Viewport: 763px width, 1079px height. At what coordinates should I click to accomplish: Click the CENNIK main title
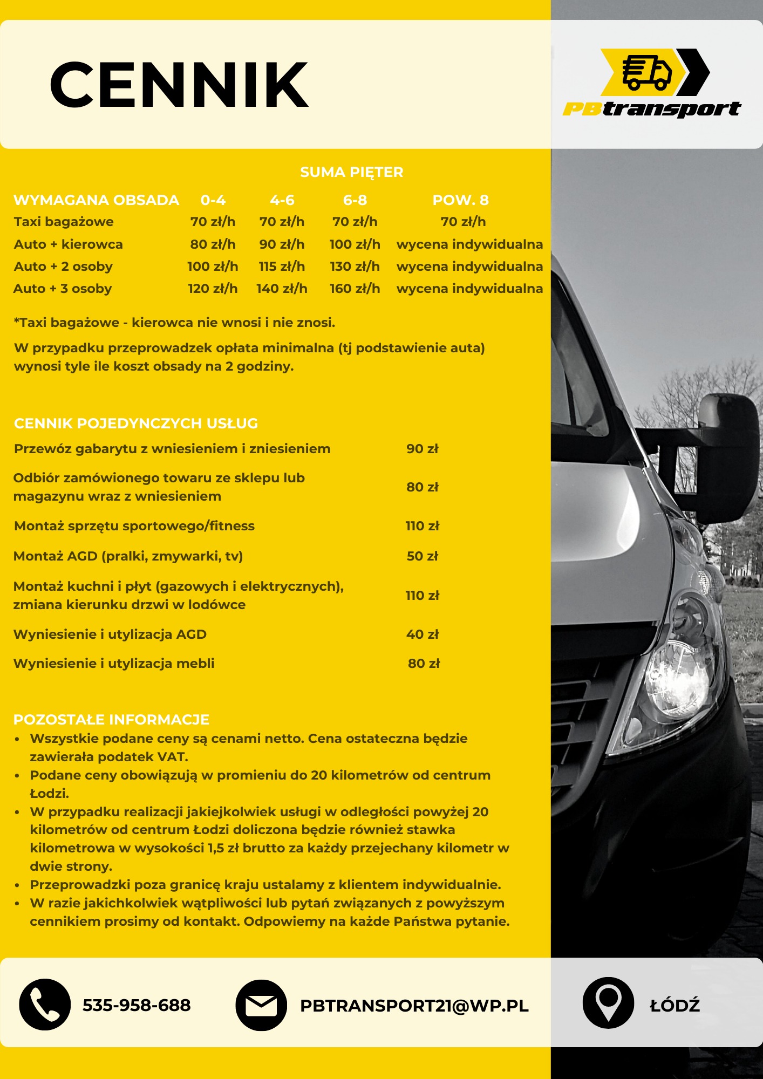[x=179, y=85]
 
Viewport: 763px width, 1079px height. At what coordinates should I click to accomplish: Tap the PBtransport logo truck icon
[x=647, y=72]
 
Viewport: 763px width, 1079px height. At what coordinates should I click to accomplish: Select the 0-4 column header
[x=213, y=200]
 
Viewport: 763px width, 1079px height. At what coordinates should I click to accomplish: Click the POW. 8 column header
[x=460, y=200]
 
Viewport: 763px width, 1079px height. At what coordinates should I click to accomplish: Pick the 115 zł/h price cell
[x=282, y=267]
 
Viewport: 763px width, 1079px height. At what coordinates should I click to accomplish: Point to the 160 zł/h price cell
[x=355, y=289]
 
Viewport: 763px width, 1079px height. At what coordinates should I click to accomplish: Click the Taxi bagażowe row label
[x=64, y=222]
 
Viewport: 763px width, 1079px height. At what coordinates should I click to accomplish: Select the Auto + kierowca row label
[x=69, y=244]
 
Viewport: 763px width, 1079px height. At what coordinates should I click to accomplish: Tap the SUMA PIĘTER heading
[x=351, y=172]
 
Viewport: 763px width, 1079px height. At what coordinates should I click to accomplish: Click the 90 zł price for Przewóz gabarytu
[x=423, y=449]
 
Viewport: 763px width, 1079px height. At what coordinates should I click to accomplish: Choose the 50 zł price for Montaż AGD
[x=423, y=556]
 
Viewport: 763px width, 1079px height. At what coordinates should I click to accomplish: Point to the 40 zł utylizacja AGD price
[x=423, y=634]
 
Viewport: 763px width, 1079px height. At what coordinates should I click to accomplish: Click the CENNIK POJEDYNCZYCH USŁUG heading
[x=136, y=424]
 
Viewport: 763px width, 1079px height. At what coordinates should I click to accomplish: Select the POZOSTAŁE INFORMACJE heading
[x=111, y=720]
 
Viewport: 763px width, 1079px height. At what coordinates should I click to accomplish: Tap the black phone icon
[x=45, y=1005]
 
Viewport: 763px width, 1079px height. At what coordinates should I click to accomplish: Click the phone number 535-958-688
[x=137, y=1005]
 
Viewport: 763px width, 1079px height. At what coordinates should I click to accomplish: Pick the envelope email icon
[x=261, y=1005]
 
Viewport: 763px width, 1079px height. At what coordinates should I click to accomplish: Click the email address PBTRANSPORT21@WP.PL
[x=414, y=1006]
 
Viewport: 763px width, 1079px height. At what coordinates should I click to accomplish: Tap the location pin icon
[x=608, y=1002]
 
